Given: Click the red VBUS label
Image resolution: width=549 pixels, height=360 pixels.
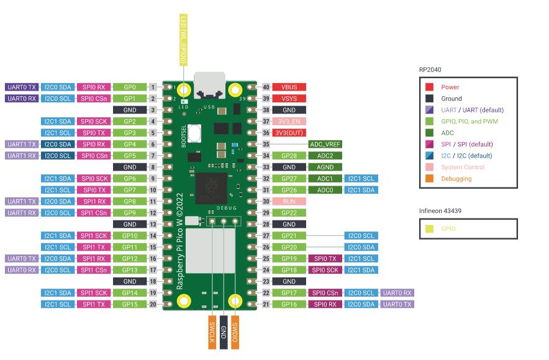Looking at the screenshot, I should [289, 88].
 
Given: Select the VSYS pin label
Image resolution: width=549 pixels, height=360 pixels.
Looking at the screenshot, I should [289, 99].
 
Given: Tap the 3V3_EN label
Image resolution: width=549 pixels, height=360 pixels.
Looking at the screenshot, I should [289, 122].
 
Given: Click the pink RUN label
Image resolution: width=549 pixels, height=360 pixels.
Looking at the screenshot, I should [289, 201].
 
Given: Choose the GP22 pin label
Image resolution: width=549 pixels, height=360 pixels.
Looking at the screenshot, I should [289, 213].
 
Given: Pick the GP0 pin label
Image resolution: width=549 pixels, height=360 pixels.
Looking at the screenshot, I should [130, 88].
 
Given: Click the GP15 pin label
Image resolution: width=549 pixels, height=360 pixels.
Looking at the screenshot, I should [130, 304].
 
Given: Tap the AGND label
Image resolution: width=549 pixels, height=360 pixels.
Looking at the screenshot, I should [324, 167].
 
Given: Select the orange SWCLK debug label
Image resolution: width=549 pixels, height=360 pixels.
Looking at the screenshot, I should [211, 332].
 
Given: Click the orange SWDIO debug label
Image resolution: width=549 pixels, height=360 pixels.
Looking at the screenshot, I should [235, 332].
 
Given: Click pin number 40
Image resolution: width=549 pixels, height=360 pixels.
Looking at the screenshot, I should [266, 88].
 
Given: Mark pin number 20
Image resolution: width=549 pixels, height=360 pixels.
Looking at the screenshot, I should [153, 304].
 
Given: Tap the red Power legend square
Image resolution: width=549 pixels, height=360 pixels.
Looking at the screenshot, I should [430, 88].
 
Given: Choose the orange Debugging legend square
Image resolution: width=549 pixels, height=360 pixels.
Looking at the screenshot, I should [430, 179].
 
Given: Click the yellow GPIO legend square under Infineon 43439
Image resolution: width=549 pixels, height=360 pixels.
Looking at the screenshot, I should [430, 229].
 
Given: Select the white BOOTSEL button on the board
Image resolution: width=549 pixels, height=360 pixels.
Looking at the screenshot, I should [197, 133].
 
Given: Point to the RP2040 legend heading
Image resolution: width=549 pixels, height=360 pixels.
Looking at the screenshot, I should [431, 70].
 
